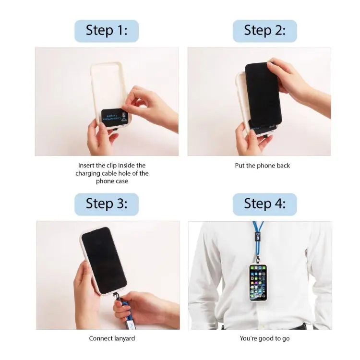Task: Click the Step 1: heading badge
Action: pyautogui.click(x=107, y=31)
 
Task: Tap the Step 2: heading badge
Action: pyautogui.click(x=264, y=31)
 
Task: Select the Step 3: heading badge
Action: pyautogui.click(x=107, y=204)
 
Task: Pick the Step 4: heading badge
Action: pyautogui.click(x=264, y=204)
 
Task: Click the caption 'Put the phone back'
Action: pyautogui.click(x=263, y=166)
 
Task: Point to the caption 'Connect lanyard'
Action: pyautogui.click(x=112, y=338)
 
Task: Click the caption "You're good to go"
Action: pyautogui.click(x=264, y=338)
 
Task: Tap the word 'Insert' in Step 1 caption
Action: pyautogui.click(x=87, y=166)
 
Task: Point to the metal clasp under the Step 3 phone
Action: pyautogui.click(x=116, y=297)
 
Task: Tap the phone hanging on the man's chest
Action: pyautogui.click(x=258, y=282)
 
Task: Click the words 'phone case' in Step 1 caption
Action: pyautogui.click(x=112, y=181)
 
